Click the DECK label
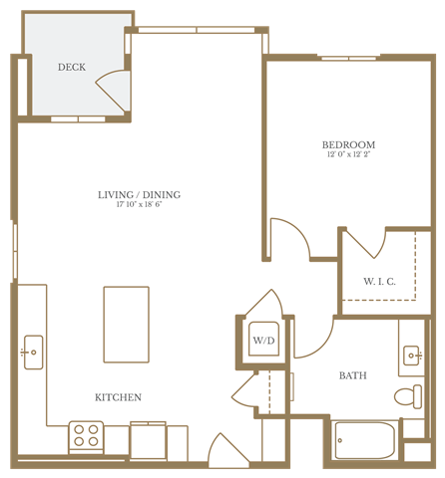point(71,68)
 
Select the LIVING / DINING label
point(140,194)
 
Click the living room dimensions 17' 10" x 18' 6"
point(140,205)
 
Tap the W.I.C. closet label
point(379,282)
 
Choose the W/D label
point(263,342)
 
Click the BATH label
point(352,375)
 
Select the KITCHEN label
point(118,397)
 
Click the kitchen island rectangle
point(127,326)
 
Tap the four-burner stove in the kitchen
point(86,436)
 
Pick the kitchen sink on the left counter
point(33,353)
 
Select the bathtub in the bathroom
point(364,440)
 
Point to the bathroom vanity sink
point(412,354)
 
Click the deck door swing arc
point(115,92)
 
